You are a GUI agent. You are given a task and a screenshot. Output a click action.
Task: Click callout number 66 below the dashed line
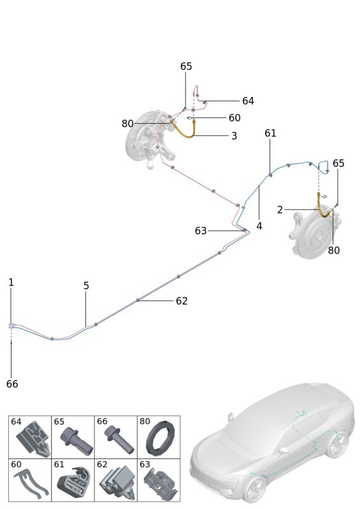pos(12,384)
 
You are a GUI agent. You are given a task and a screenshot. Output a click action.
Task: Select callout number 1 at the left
pos(11,282)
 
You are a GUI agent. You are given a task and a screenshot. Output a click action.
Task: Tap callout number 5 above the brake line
pos(86,286)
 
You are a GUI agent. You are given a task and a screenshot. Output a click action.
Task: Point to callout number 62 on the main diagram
pos(182,301)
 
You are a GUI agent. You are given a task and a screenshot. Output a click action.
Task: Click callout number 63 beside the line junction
pos(201,231)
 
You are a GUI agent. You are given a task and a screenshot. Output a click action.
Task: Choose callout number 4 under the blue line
pos(259,226)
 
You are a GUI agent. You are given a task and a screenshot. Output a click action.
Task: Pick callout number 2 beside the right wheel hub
pos(280,210)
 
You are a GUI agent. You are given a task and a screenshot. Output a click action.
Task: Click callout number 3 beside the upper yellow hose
pos(234,136)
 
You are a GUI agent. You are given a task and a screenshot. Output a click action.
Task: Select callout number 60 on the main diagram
pos(234,118)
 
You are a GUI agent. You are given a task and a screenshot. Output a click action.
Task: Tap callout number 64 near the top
pos(248,101)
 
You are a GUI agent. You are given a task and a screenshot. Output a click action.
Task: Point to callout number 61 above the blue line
pos(270,133)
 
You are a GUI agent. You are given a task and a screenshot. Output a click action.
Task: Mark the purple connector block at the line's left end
pos(11,325)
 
